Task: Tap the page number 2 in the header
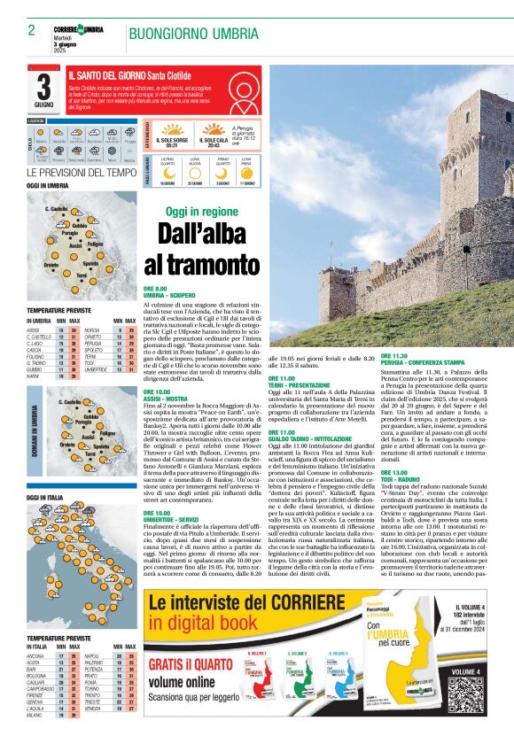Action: [x=31, y=30]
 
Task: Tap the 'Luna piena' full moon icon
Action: [x=246, y=172]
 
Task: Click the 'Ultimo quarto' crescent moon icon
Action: [x=167, y=172]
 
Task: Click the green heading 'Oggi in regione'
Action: [x=202, y=212]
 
